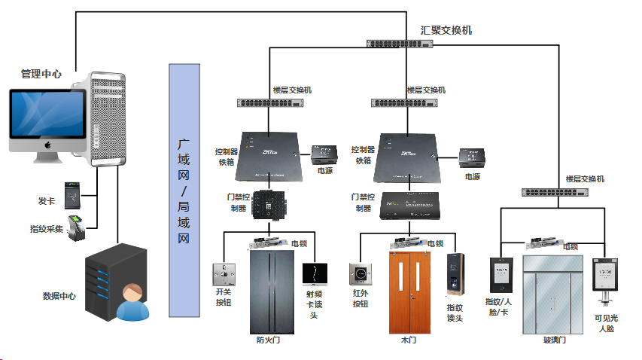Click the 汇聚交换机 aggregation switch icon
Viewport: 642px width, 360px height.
400,44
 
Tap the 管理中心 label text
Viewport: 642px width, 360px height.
41,74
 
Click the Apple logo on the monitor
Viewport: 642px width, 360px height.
47,144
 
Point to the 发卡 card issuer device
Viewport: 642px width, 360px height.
73,195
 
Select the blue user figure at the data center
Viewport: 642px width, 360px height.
132,303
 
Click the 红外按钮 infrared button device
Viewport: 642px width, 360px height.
361,273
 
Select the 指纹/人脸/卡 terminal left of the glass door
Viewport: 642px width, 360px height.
500,275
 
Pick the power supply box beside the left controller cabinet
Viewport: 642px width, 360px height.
325,154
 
